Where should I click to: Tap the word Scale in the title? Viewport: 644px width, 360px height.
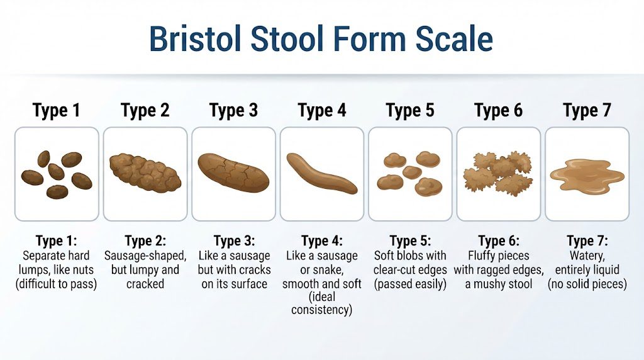click(x=454, y=38)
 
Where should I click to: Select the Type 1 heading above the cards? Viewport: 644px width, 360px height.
click(x=56, y=111)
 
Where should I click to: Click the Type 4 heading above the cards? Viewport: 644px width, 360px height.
click(x=322, y=111)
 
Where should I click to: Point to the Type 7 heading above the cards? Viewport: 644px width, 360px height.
click(x=587, y=111)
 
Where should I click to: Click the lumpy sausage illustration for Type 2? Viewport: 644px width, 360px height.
click(x=145, y=173)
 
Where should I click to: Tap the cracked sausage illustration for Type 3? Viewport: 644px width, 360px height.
click(x=233, y=172)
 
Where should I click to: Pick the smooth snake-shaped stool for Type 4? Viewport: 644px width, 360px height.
click(x=321, y=174)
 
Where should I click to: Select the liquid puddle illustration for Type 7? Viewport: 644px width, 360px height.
click(x=587, y=175)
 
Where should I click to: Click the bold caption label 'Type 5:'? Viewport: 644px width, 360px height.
click(x=410, y=240)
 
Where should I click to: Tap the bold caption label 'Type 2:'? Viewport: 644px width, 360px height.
click(x=145, y=240)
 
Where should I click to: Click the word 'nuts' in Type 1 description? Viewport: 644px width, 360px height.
click(x=84, y=270)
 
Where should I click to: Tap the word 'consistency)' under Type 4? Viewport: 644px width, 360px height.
click(x=321, y=310)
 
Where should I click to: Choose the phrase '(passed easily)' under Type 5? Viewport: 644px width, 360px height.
click(x=410, y=284)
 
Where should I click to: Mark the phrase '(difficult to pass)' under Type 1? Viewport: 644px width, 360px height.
click(x=56, y=284)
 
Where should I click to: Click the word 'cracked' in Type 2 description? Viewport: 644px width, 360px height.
click(x=145, y=284)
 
